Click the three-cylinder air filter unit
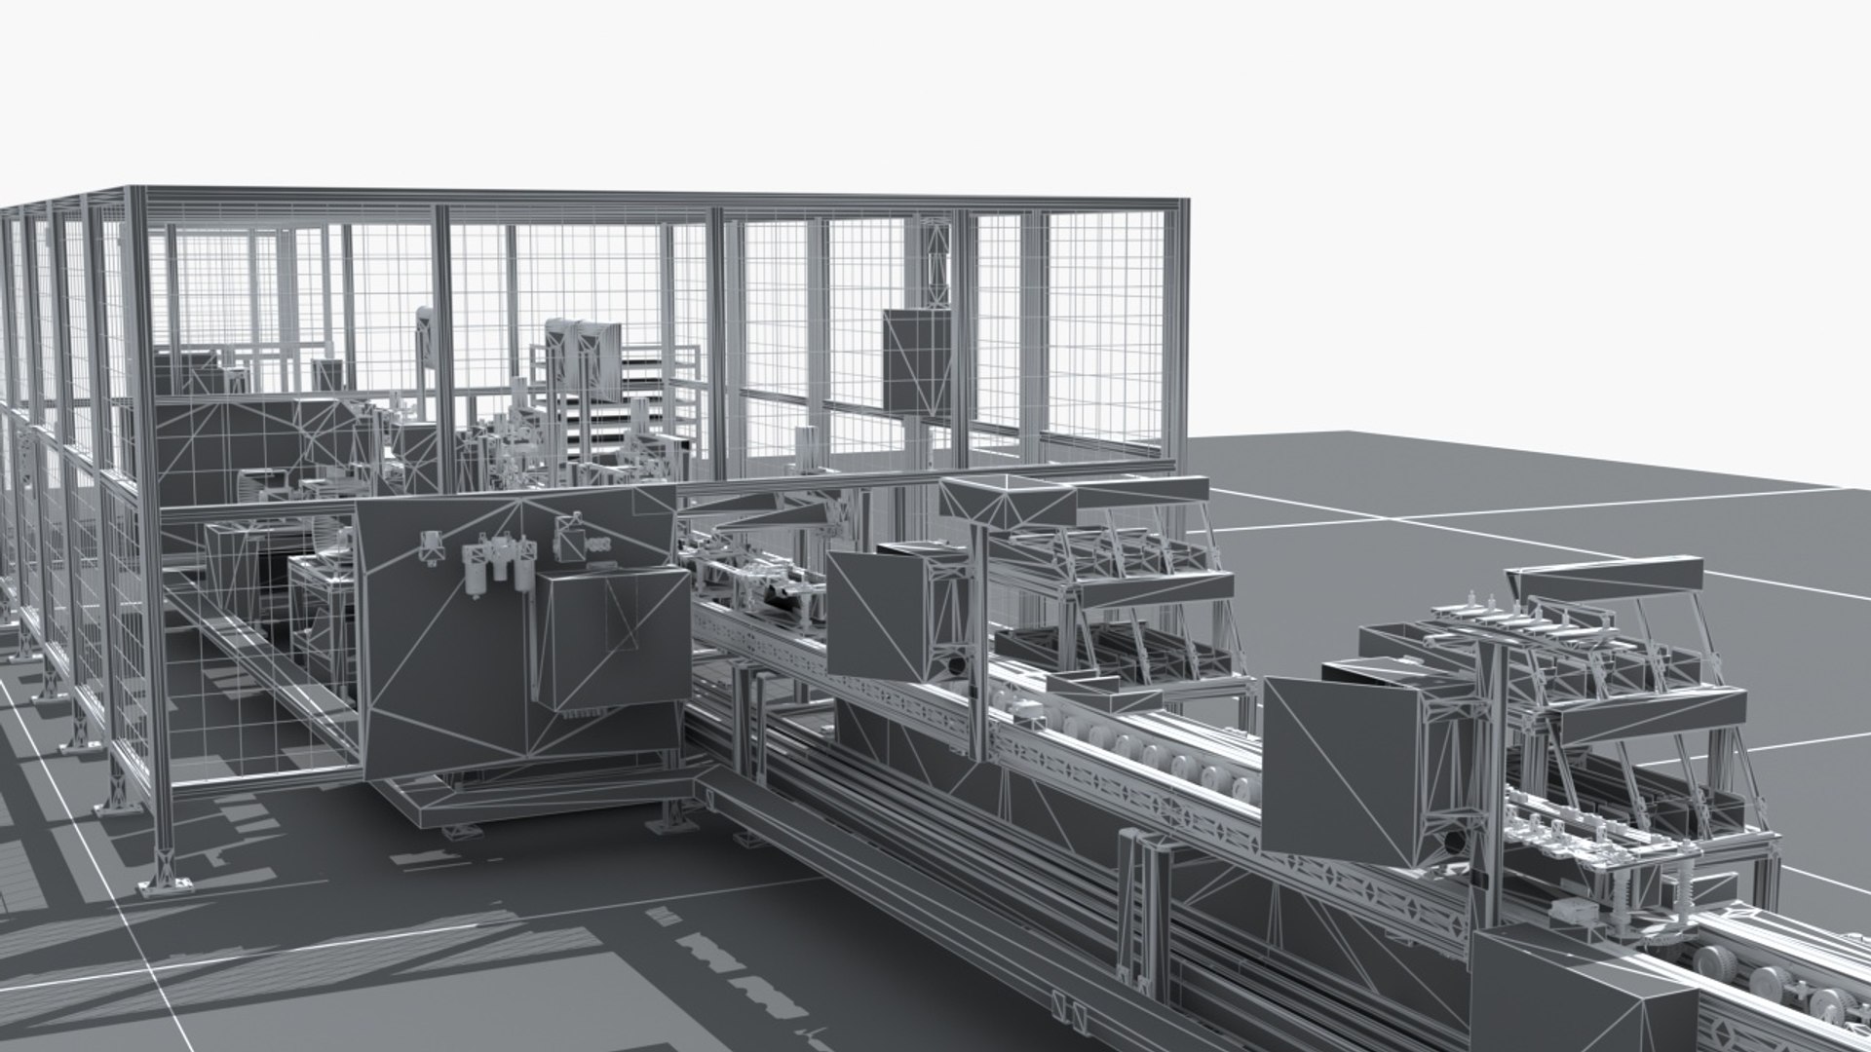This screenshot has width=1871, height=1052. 497,570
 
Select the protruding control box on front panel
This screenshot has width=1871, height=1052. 612,638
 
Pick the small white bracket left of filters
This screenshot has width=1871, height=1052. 429,547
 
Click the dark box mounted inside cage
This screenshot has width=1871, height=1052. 917,360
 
